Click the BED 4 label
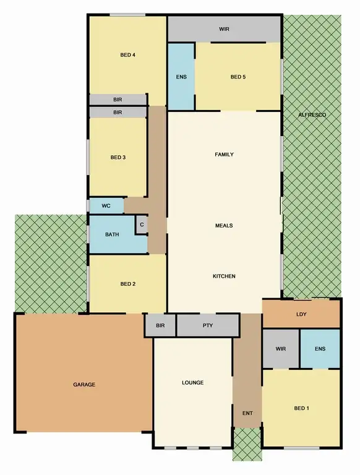click(x=127, y=55)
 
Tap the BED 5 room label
click(x=238, y=77)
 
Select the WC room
click(x=106, y=206)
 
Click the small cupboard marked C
click(x=142, y=225)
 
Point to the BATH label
click(x=112, y=234)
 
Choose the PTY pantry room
click(x=207, y=325)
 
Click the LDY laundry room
click(x=301, y=314)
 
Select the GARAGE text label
click(x=84, y=385)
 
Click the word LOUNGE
click(x=193, y=382)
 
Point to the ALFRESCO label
click(x=312, y=115)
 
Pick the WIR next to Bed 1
click(x=281, y=349)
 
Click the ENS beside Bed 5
click(x=181, y=77)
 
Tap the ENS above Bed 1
click(x=320, y=349)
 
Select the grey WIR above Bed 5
click(x=224, y=29)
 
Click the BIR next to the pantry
click(x=160, y=325)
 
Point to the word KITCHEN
click(x=224, y=276)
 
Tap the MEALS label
click(x=224, y=226)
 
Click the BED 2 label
click(x=127, y=284)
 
